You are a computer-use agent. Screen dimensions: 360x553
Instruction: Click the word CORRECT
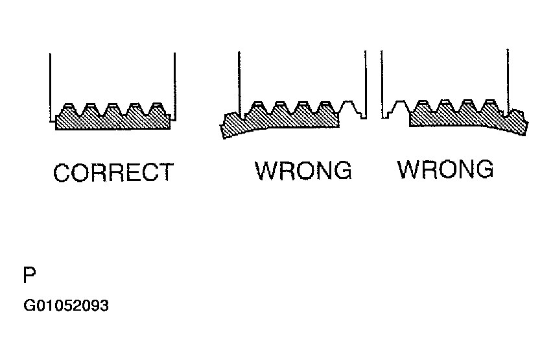(113, 173)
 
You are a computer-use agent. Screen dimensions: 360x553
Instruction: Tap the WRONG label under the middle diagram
(303, 171)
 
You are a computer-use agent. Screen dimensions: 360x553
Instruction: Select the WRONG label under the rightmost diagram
(445, 169)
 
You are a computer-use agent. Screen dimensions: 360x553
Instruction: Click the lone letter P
(29, 276)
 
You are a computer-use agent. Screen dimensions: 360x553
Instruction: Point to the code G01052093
(65, 306)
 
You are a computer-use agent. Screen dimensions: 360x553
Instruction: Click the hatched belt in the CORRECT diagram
(113, 121)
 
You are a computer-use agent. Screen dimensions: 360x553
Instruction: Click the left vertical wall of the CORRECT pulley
(51, 84)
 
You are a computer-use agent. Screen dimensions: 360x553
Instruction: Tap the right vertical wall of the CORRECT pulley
(175, 84)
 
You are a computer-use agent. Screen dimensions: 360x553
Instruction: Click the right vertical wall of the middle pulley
(365, 81)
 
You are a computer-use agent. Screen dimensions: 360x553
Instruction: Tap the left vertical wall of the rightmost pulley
(382, 81)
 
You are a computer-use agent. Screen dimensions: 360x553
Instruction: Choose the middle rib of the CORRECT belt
(113, 108)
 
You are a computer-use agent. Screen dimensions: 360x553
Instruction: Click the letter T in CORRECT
(167, 173)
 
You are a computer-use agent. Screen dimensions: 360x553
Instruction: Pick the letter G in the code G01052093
(29, 306)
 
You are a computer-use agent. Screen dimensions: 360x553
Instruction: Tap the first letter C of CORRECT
(62, 173)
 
